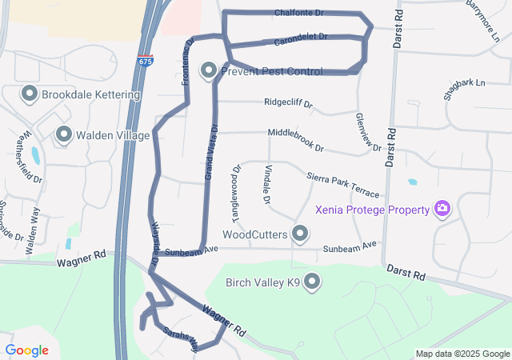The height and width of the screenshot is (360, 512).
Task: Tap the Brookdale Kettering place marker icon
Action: point(30,94)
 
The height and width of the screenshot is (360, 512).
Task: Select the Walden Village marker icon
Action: point(64,134)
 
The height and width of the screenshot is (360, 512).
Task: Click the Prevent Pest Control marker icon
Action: point(209,71)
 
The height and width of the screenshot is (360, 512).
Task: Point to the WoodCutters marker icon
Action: point(300,234)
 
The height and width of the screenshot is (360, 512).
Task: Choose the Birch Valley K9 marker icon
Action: point(312,282)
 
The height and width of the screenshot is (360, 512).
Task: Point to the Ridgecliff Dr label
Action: point(289,103)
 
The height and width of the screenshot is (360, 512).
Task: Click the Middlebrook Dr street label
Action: point(295,141)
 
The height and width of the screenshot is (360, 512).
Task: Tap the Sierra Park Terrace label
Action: point(342,181)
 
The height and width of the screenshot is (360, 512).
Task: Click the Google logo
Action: point(26,350)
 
